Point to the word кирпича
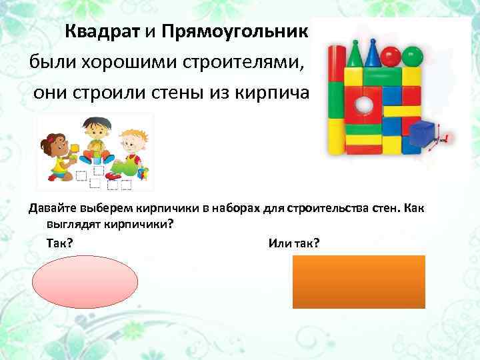[x=275, y=93]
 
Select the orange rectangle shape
[x=359, y=281]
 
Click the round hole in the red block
[x=363, y=105]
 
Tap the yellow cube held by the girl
[x=75, y=147]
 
